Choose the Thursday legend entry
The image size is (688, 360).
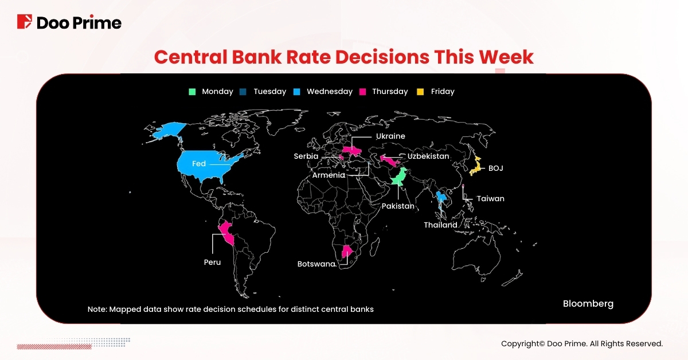click(x=384, y=92)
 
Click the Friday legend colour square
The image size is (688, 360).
click(x=420, y=92)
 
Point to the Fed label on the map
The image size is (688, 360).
click(x=199, y=164)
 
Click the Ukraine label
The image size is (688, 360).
click(x=390, y=136)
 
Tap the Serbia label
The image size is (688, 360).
click(x=306, y=156)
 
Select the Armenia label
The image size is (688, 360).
click(x=329, y=175)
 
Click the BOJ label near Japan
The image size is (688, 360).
click(x=495, y=169)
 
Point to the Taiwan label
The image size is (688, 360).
click(x=491, y=199)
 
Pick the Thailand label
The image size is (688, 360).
click(x=440, y=225)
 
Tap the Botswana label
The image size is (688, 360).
click(x=316, y=264)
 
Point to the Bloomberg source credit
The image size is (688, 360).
click(x=588, y=304)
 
